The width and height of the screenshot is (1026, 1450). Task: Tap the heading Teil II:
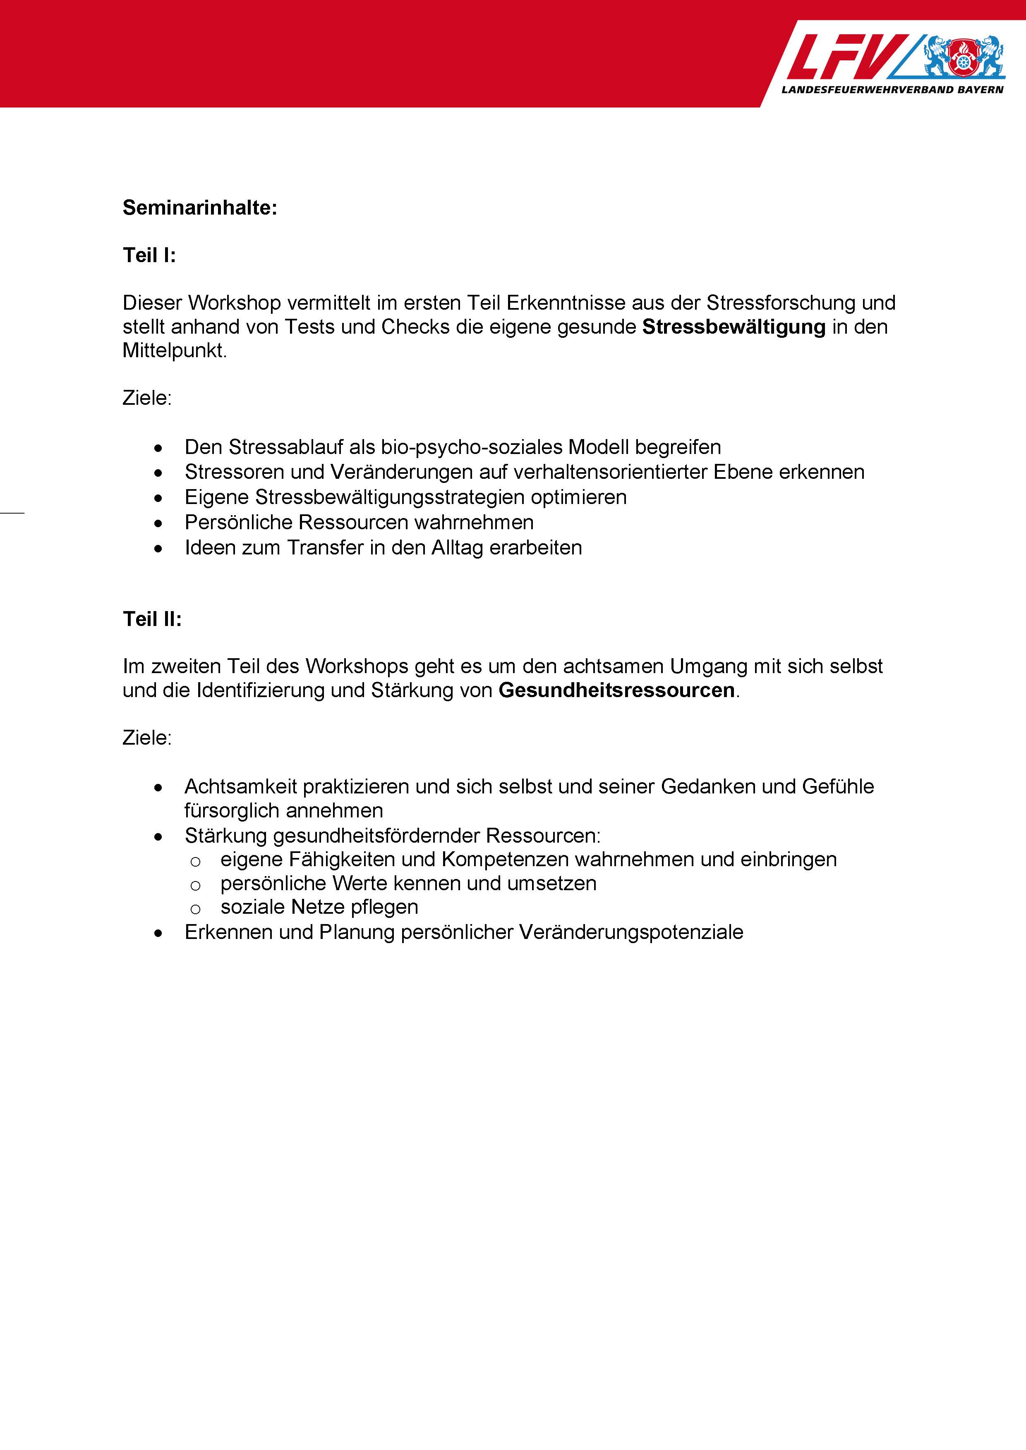pyautogui.click(x=152, y=619)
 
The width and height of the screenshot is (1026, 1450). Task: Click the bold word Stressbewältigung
pyautogui.click(x=734, y=327)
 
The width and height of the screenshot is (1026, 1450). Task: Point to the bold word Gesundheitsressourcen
pyautogui.click(x=616, y=690)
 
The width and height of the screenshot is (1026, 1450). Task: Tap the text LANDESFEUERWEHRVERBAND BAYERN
pyautogui.click(x=892, y=90)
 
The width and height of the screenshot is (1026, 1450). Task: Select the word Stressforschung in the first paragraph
pyautogui.click(x=781, y=303)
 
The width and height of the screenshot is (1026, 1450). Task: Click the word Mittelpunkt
pyautogui.click(x=174, y=351)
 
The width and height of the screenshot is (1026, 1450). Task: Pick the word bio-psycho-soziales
pyautogui.click(x=471, y=447)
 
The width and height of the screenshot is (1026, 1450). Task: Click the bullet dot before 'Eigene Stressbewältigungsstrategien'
pyautogui.click(x=158, y=498)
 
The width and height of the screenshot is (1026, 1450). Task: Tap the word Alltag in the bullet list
pyautogui.click(x=458, y=547)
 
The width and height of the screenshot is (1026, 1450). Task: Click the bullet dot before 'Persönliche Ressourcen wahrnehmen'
pyautogui.click(x=158, y=523)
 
